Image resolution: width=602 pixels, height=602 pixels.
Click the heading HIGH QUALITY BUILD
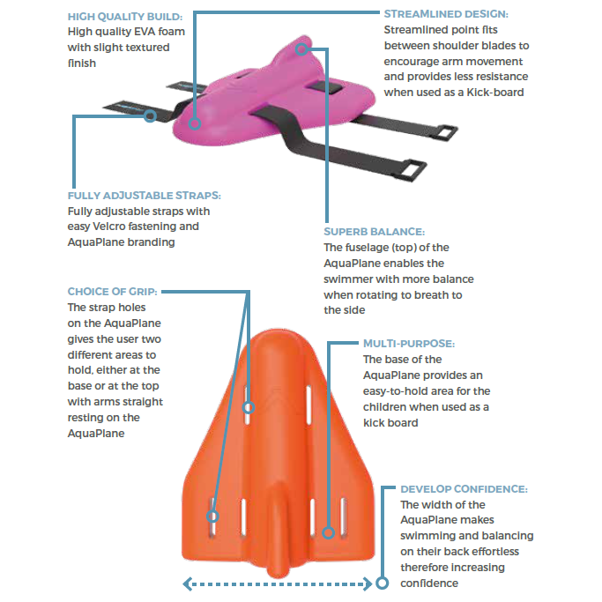point(125,17)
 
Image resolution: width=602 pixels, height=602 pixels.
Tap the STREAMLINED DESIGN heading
point(446,14)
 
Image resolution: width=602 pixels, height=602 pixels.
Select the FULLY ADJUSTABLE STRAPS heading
point(145,196)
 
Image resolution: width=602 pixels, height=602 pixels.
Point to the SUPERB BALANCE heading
point(375,232)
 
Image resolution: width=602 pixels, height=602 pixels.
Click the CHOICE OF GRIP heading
point(113,292)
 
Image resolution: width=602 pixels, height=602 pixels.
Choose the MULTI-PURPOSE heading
point(409,343)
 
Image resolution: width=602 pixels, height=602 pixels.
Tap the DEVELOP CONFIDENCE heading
point(465,489)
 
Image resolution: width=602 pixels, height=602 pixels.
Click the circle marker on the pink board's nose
point(301,48)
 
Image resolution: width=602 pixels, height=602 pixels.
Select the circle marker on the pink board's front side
point(195,123)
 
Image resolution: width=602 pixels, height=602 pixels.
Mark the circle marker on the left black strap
point(150,115)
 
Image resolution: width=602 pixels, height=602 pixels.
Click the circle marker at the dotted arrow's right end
point(382,583)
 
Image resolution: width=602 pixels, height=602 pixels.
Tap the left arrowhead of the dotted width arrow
point(188,584)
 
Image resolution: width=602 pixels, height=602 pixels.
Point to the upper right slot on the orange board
point(309,405)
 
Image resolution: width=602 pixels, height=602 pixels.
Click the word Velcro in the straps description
point(108,227)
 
